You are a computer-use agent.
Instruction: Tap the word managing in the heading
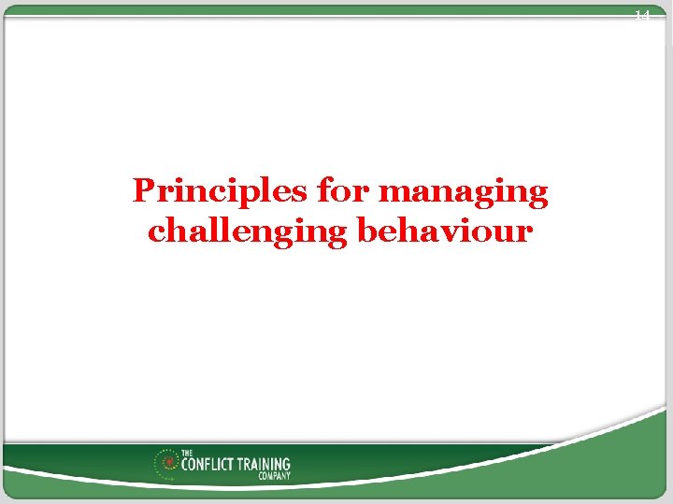(465, 193)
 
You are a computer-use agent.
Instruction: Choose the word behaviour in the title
(445, 231)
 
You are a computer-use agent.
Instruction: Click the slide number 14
(641, 16)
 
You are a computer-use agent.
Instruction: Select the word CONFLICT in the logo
(205, 464)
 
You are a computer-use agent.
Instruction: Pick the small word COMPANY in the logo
(275, 476)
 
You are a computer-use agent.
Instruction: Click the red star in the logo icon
(168, 461)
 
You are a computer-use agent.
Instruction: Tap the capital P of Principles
(142, 191)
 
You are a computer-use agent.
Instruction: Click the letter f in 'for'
(324, 190)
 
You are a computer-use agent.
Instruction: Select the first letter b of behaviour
(366, 230)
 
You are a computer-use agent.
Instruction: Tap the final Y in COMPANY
(288, 476)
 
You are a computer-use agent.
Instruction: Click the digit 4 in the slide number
(645, 16)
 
